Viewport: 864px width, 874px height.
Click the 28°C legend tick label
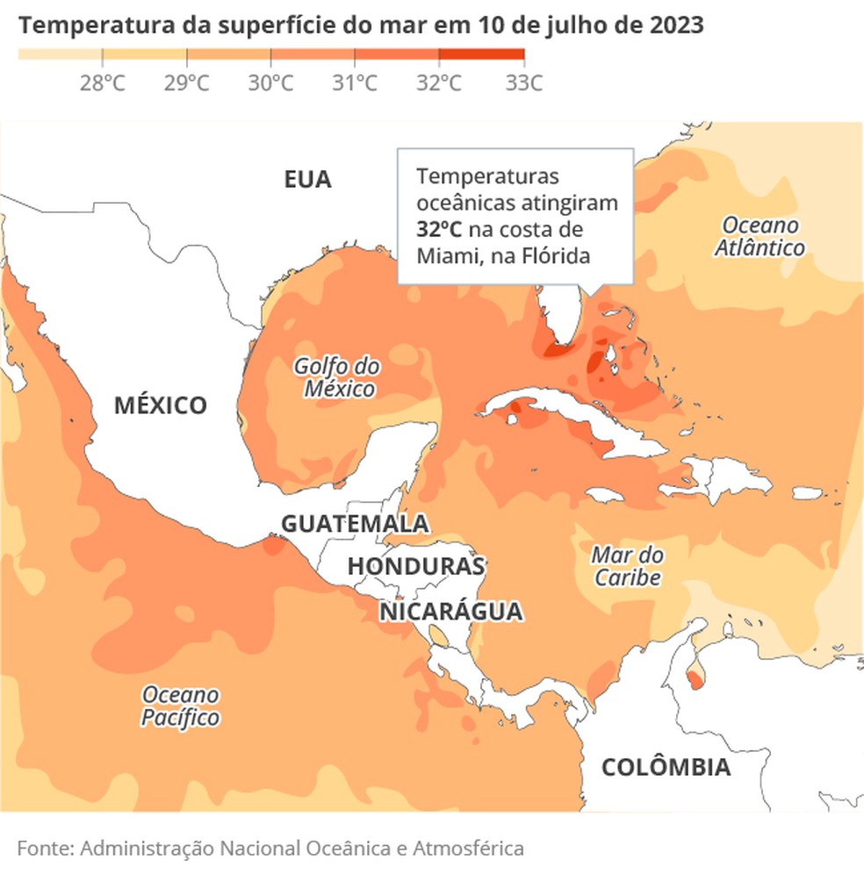coord(102,83)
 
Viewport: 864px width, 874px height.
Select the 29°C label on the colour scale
coord(186,83)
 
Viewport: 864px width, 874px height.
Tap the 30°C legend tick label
coord(270,83)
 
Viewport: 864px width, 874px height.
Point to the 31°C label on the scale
coord(355,83)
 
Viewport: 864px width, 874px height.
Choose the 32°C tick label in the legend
coord(439,83)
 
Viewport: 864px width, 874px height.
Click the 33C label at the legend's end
coord(523,83)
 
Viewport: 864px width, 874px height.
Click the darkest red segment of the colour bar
coord(480,54)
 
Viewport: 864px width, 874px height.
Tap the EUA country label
coord(307,180)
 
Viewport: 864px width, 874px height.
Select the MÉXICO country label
coord(161,405)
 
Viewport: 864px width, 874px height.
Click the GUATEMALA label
coord(355,524)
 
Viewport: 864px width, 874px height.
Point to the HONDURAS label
coord(416,567)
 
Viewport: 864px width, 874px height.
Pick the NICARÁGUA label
coord(450,612)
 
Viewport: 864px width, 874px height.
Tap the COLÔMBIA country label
coord(666,768)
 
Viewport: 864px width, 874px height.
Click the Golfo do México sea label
coord(337,377)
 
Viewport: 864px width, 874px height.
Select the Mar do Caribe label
coord(627,566)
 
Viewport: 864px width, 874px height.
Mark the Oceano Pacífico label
coord(181,706)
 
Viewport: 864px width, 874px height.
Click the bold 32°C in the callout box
coord(439,230)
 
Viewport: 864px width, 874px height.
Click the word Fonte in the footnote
coord(45,849)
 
